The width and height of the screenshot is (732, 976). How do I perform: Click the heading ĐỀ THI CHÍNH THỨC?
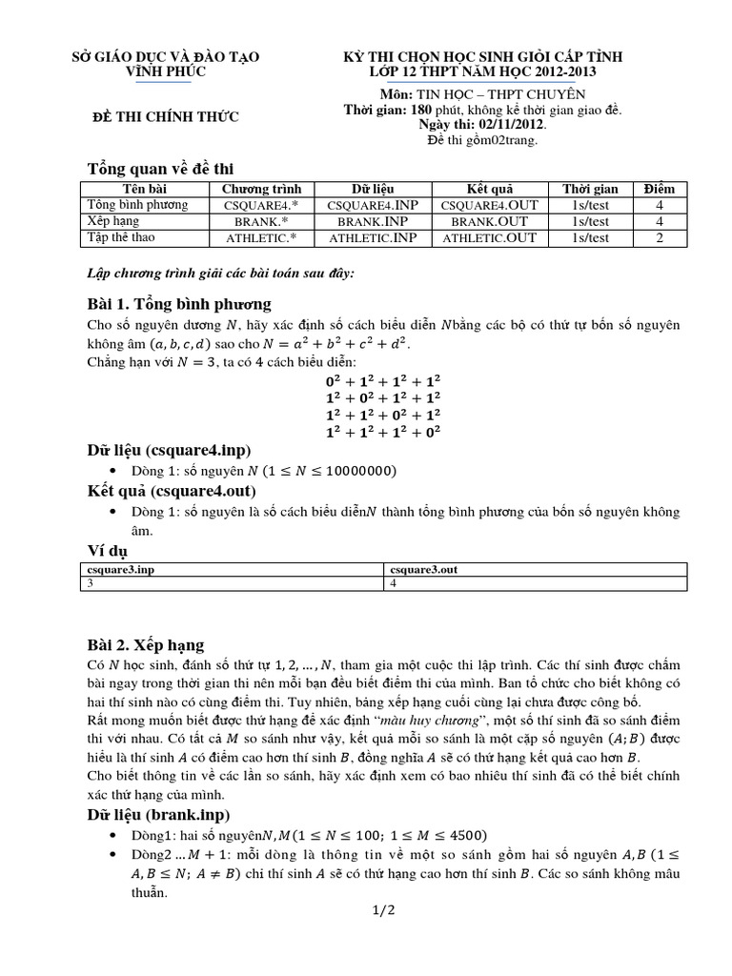click(164, 117)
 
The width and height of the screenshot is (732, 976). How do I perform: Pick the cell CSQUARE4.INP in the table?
click(373, 205)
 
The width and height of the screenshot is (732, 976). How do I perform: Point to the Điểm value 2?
click(659, 237)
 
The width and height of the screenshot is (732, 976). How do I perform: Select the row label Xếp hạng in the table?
click(112, 221)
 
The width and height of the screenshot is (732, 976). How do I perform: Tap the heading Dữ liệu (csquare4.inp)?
click(170, 450)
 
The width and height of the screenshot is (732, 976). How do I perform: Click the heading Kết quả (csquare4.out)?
click(170, 491)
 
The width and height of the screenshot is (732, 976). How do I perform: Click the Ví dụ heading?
click(107, 551)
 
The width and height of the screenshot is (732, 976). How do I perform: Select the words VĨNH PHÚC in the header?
click(166, 71)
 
